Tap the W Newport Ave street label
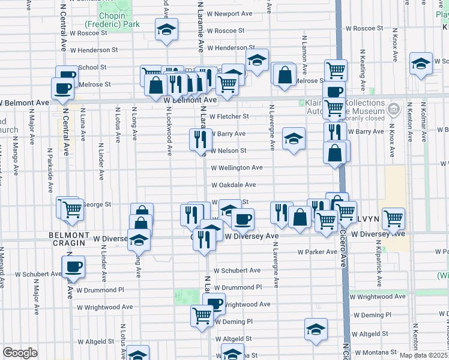(x=229, y=13)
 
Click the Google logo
(x=20, y=353)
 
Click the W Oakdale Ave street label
(x=234, y=185)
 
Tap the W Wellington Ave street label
(x=237, y=167)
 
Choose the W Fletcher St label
(x=229, y=116)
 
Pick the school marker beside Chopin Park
(x=166, y=29)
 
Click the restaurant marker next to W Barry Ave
(x=199, y=139)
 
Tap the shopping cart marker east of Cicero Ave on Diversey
(x=393, y=218)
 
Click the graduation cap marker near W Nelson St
(x=294, y=139)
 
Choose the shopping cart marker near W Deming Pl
(x=202, y=314)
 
